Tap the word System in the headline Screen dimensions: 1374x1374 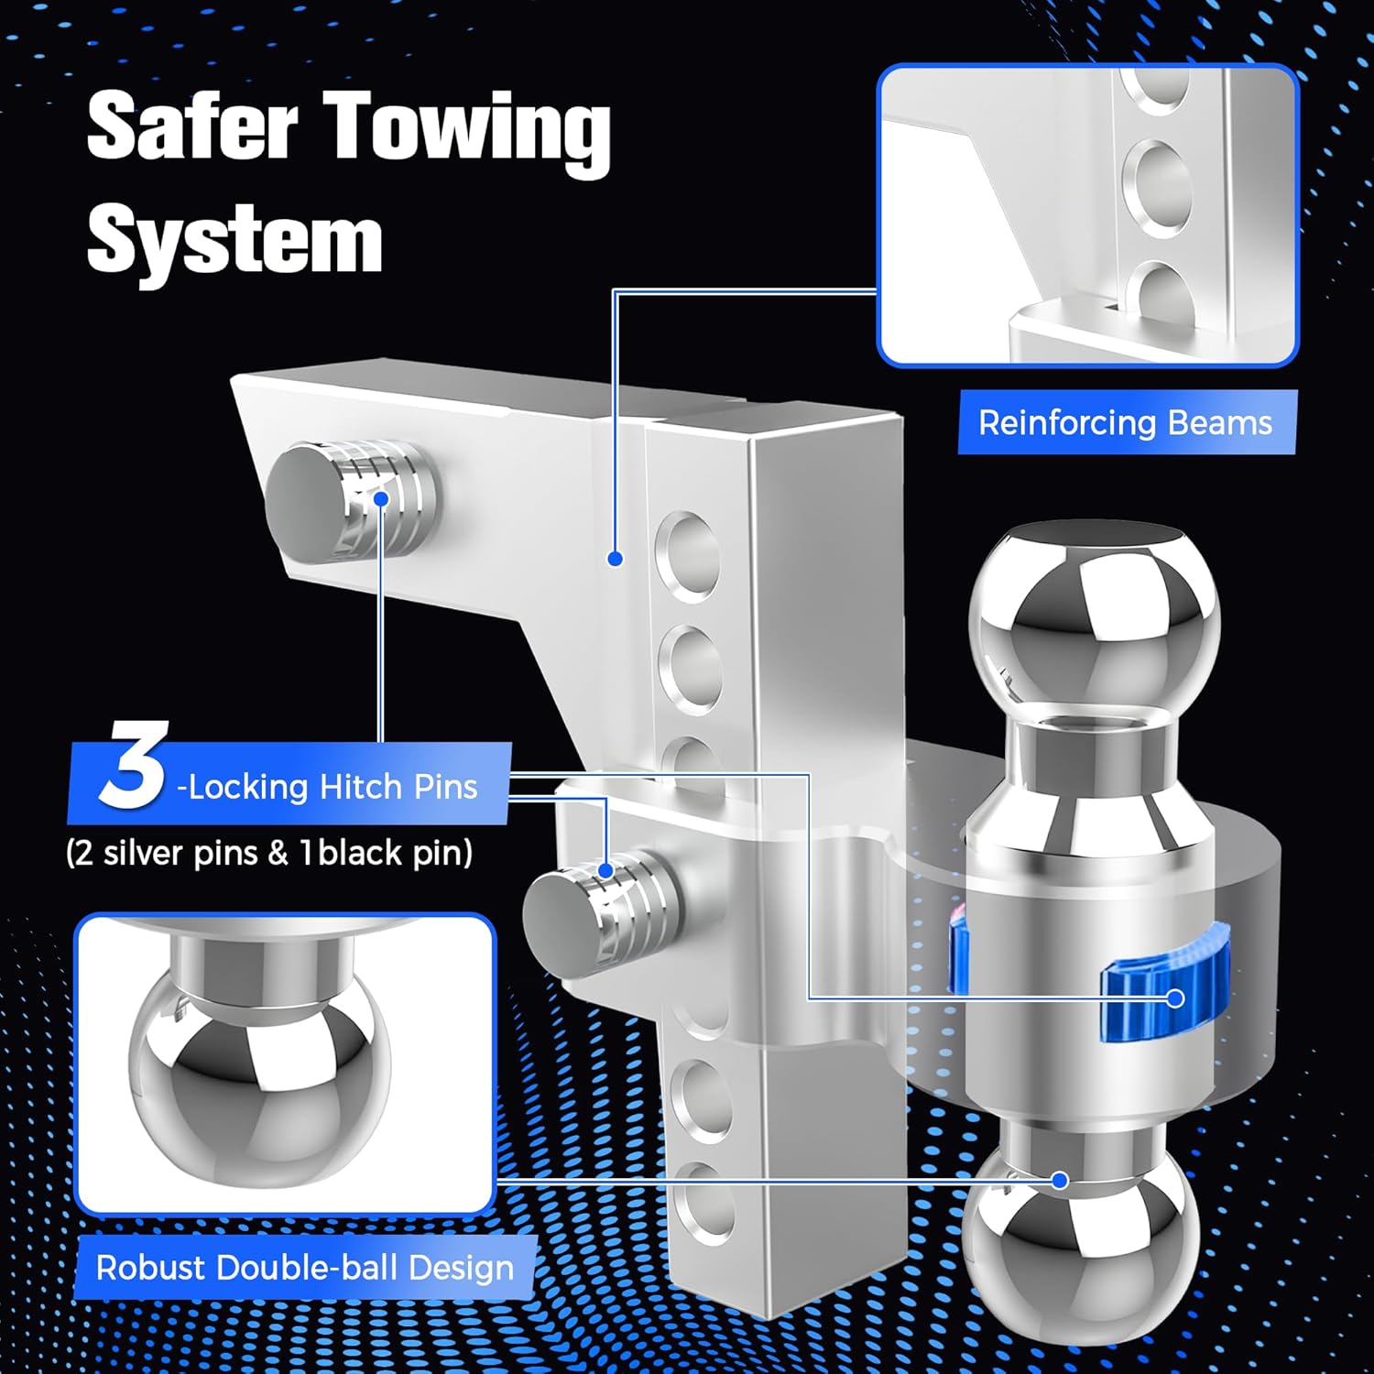click(234, 240)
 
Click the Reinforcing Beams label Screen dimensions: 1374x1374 click(1125, 423)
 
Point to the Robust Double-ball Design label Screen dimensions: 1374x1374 click(304, 1268)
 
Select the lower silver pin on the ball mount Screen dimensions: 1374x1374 click(601, 907)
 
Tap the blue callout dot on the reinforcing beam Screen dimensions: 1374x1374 click(616, 558)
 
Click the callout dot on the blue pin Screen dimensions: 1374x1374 click(1175, 998)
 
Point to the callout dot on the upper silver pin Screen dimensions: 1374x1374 click(381, 498)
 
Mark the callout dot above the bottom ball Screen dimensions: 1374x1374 click(1060, 1181)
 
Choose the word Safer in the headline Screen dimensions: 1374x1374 click(192, 126)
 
